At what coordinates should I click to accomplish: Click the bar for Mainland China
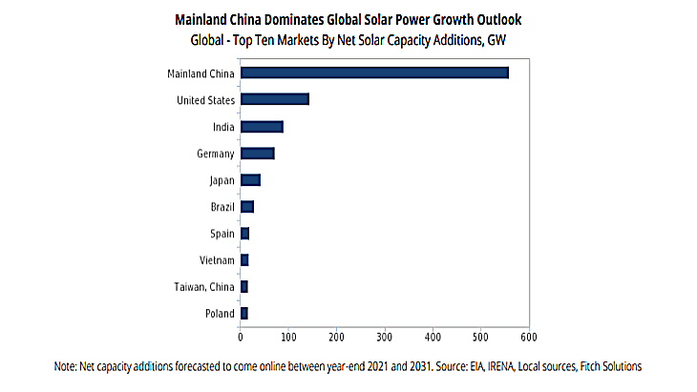(x=374, y=72)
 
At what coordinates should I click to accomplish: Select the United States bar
(x=275, y=99)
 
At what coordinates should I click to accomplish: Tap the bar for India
(x=262, y=126)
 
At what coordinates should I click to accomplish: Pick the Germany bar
(x=258, y=153)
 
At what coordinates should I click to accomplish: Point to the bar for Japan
(x=250, y=179)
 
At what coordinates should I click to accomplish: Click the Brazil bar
(x=247, y=206)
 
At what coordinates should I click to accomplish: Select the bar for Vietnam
(x=244, y=259)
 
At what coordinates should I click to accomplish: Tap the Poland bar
(x=244, y=313)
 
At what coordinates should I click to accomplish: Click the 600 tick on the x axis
(x=529, y=336)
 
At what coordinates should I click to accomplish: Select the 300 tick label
(x=385, y=336)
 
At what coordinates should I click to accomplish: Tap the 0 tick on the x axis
(x=241, y=336)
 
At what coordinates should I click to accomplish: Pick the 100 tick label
(x=288, y=336)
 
